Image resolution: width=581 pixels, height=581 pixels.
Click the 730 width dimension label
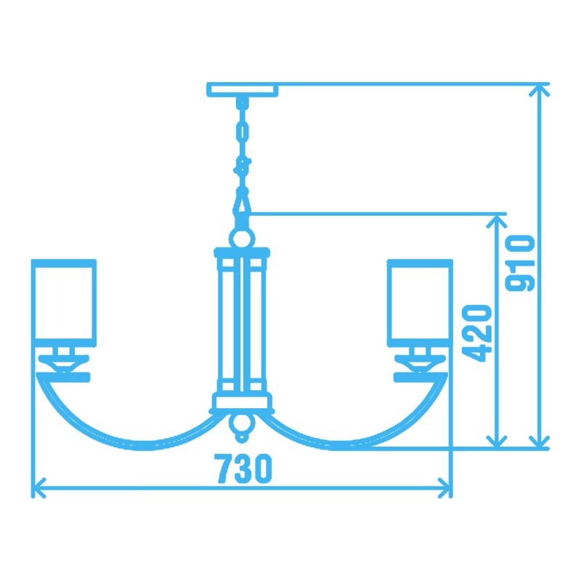click(244, 468)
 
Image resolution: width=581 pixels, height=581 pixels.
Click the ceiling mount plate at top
click(242, 90)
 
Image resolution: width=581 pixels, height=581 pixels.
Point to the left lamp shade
click(64, 301)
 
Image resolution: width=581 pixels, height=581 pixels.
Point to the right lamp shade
click(420, 301)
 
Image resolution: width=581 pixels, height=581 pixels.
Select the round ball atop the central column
click(242, 237)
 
